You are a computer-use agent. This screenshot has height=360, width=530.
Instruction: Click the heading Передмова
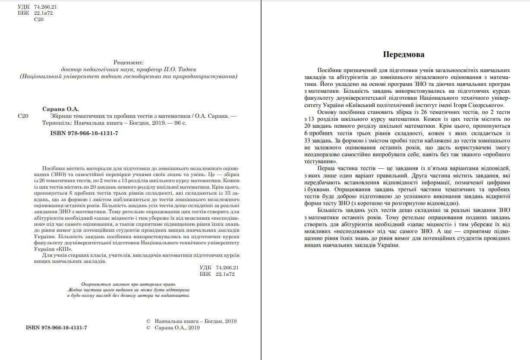(404, 54)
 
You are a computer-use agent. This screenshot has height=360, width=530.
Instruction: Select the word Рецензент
(128, 62)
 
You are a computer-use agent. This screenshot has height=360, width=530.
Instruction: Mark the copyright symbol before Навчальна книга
(148, 321)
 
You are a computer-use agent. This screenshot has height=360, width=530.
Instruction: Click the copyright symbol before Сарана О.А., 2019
(148, 328)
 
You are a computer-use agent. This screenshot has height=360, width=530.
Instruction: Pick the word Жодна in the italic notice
(76, 290)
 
